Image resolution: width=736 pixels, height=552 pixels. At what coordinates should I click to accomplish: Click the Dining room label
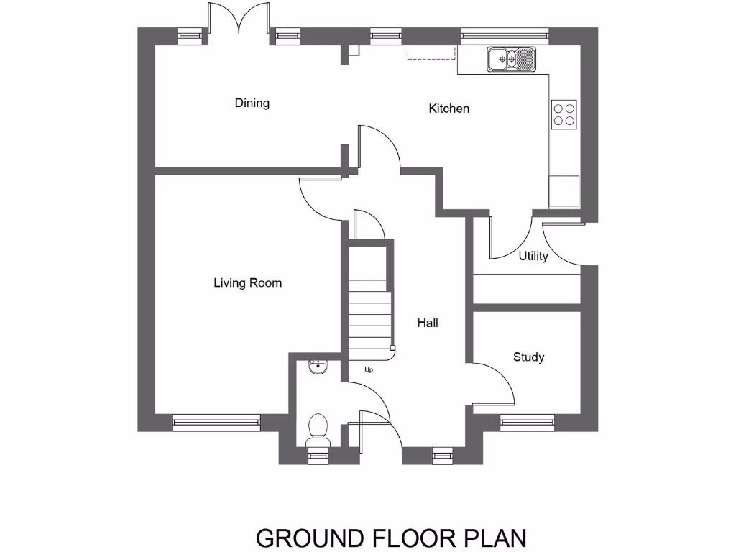(x=252, y=103)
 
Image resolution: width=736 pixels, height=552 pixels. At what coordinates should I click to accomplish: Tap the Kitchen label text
(x=448, y=109)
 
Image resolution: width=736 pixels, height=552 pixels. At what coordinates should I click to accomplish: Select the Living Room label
(x=247, y=283)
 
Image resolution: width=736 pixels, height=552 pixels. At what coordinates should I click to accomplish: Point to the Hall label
(x=428, y=323)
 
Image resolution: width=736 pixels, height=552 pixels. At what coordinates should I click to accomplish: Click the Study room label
(x=528, y=357)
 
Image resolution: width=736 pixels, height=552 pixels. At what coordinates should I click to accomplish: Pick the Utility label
(x=533, y=256)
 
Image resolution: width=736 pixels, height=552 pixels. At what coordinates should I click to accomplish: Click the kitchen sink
(x=511, y=59)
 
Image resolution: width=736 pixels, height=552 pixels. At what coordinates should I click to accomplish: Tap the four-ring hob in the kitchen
(x=564, y=114)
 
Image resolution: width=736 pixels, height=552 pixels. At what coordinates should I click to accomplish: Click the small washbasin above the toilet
(x=316, y=368)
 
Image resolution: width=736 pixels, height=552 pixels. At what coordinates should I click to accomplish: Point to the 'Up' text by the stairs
(x=369, y=370)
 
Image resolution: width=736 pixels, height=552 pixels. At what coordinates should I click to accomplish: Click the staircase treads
(x=370, y=316)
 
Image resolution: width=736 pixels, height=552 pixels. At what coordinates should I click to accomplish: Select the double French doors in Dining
(x=239, y=18)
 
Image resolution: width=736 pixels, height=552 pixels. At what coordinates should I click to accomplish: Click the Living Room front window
(x=216, y=422)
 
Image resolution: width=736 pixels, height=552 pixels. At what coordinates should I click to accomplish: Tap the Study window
(x=528, y=422)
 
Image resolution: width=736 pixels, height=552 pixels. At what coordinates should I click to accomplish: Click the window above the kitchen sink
(x=504, y=33)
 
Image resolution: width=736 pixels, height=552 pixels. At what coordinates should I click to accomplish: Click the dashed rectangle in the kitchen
(x=432, y=54)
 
